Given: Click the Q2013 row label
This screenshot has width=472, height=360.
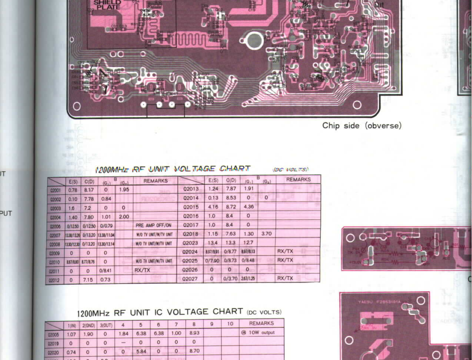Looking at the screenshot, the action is (x=191, y=189).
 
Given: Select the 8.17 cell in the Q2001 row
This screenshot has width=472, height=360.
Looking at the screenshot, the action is (x=89, y=190).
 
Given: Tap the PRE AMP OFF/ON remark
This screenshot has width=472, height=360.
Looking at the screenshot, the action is (x=153, y=225).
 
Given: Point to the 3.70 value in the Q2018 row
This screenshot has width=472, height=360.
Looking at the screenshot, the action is (x=266, y=233).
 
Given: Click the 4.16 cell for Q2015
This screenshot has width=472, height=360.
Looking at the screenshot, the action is (x=213, y=207).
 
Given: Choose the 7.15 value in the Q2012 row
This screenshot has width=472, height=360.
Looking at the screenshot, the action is (x=88, y=280).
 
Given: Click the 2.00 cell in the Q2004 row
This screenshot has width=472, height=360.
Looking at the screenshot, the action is (x=124, y=217).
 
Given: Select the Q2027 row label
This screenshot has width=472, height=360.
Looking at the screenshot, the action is (x=190, y=278).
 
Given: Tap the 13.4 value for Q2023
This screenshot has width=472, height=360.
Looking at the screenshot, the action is (x=213, y=242).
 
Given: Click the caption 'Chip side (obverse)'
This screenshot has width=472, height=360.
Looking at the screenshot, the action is (x=361, y=126).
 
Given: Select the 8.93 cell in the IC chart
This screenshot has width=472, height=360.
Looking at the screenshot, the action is (x=194, y=333).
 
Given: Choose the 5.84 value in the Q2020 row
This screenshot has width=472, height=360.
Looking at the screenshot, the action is (x=141, y=352).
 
